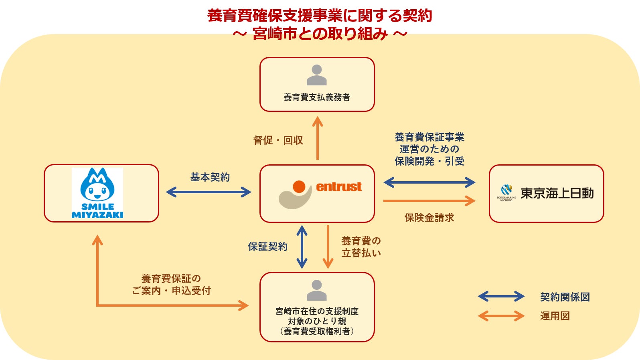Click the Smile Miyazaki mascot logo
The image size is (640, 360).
click(97, 193)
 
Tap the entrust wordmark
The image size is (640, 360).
click(339, 187)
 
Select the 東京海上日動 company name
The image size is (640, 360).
click(557, 193)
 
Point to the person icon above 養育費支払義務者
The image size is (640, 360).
click(317, 75)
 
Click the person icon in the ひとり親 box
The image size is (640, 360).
click(317, 290)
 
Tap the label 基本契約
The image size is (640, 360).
click(210, 177)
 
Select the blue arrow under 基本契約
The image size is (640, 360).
click(209, 192)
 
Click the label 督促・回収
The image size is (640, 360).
click(278, 140)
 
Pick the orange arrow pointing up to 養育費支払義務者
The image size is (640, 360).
click(318, 138)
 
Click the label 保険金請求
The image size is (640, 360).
click(429, 218)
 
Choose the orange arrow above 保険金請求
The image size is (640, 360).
click(429, 200)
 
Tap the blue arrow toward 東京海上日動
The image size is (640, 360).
click(429, 182)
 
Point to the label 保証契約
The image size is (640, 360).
click(267, 247)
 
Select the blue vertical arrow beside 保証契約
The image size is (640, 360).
click(302, 247)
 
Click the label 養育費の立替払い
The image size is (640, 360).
click(361, 247)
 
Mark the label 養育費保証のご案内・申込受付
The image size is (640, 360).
click(171, 285)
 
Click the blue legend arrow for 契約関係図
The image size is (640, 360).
click(501, 297)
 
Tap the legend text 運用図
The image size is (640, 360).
click(555, 316)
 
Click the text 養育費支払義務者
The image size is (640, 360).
click(317, 97)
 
